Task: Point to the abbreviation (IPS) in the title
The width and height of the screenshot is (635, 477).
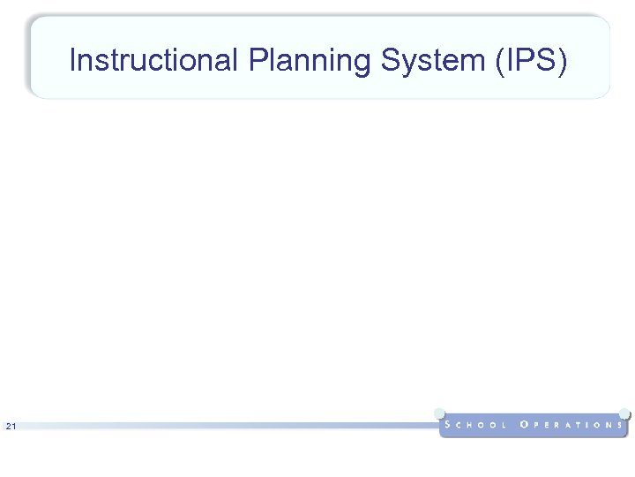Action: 534,61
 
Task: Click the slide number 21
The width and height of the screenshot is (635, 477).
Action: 11,428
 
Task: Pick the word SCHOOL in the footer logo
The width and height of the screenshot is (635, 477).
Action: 476,425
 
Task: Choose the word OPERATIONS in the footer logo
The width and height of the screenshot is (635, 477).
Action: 572,425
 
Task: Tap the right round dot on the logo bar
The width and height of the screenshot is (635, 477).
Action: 624,413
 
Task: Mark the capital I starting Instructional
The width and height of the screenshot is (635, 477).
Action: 72,61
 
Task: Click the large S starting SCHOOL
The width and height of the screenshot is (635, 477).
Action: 449,425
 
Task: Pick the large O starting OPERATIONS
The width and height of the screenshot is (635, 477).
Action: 525,425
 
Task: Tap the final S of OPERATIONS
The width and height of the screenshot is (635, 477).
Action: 621,425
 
